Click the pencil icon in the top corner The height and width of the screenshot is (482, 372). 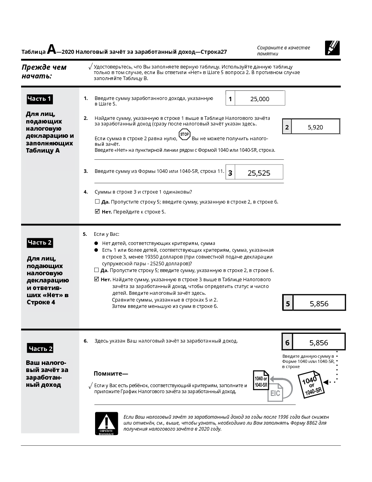332,48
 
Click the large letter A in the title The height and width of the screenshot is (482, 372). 51,49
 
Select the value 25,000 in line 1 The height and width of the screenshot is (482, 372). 260,99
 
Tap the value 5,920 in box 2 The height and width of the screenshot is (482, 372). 316,127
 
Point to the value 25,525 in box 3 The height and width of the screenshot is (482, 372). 259,173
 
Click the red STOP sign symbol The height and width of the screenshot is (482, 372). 185,135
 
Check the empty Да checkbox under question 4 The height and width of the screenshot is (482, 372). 97,202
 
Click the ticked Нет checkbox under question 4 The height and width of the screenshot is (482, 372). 97,212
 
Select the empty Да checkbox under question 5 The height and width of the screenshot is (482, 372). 96,270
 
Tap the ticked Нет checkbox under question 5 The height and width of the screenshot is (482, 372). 96,279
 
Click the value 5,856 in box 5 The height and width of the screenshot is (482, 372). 319,304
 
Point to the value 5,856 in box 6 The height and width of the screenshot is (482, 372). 319,343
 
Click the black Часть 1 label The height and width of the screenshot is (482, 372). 39,99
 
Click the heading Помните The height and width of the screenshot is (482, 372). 111,373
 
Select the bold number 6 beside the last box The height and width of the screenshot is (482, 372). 288,343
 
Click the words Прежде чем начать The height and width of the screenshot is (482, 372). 44,71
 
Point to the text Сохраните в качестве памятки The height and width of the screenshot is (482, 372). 283,51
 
